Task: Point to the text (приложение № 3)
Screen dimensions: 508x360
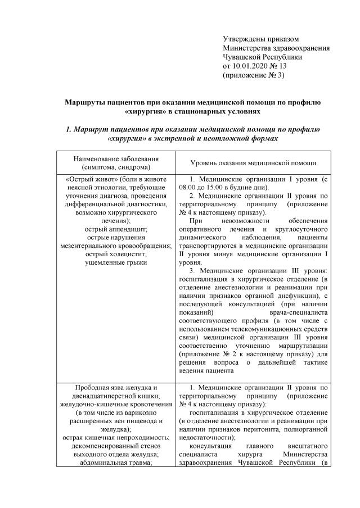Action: click(x=254, y=75)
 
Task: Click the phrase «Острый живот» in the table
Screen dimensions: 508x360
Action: click(x=86, y=179)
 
